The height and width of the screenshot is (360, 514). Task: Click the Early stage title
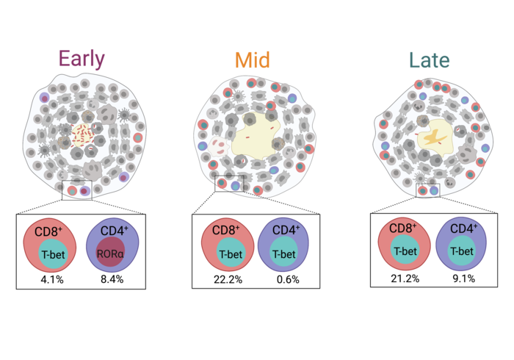coord(82,59)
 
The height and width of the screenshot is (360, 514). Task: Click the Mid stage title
coord(253,60)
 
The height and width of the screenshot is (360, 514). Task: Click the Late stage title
coord(429,60)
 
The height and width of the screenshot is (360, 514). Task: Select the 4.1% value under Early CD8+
coord(52,280)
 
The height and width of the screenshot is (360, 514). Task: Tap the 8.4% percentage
coord(112,279)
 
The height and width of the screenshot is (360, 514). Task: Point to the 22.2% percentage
coord(228,280)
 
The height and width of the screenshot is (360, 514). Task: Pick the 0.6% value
coord(288,280)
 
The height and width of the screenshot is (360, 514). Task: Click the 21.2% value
coord(405,278)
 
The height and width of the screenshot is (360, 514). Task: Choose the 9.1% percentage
coord(464,278)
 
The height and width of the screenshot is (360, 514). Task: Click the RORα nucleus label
coord(110,253)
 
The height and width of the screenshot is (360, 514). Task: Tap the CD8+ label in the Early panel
coord(48,231)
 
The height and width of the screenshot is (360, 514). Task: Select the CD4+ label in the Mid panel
coord(286,230)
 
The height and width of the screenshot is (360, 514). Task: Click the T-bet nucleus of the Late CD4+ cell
coord(462,251)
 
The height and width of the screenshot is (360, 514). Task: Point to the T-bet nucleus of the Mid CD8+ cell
coord(231,254)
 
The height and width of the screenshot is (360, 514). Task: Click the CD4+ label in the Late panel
coord(463,228)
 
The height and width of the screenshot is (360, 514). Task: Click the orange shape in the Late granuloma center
coord(435,137)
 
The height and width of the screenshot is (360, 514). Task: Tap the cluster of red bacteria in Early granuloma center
coord(82,134)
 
